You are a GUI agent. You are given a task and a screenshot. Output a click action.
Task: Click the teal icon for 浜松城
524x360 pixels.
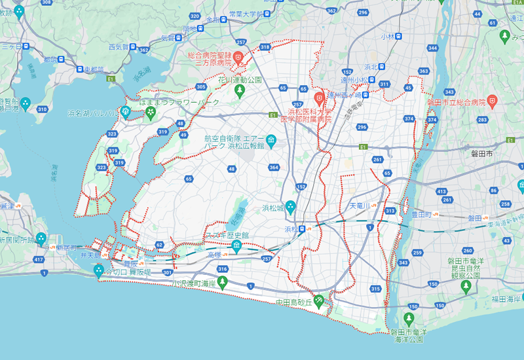(291, 207)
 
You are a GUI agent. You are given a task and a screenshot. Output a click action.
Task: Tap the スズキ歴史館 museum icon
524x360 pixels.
(236, 246)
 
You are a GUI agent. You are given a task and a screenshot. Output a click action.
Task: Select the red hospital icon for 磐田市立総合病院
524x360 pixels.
(493, 101)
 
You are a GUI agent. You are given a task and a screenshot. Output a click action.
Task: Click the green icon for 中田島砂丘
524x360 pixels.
(319, 301)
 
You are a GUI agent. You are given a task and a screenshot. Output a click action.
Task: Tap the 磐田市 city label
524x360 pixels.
(485, 154)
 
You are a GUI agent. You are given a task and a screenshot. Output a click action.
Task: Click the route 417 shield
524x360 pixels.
(39, 261)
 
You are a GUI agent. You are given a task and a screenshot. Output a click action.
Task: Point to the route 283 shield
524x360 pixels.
(483, 120)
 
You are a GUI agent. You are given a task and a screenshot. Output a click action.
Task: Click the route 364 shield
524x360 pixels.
(274, 168)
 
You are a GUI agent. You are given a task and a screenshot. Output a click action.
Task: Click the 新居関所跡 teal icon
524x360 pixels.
(41, 238)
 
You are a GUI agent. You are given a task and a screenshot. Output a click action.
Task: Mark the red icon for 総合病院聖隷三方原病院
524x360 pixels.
(239, 58)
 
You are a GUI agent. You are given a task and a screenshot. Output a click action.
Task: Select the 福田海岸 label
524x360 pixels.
(505, 300)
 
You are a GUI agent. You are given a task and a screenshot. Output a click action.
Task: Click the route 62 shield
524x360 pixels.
(159, 245)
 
